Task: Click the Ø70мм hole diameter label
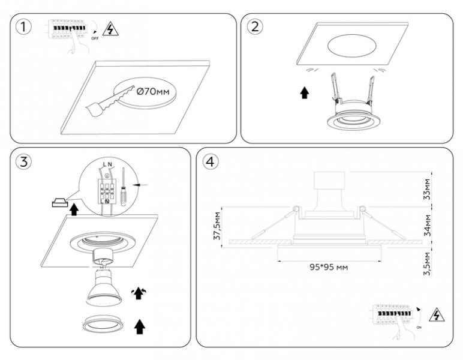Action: coord(154,92)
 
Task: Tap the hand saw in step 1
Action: coord(112,100)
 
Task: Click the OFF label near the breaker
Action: coord(95,38)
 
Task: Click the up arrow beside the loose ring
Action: coord(140,326)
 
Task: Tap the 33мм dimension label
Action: coord(426,188)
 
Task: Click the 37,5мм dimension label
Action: coord(217,226)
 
